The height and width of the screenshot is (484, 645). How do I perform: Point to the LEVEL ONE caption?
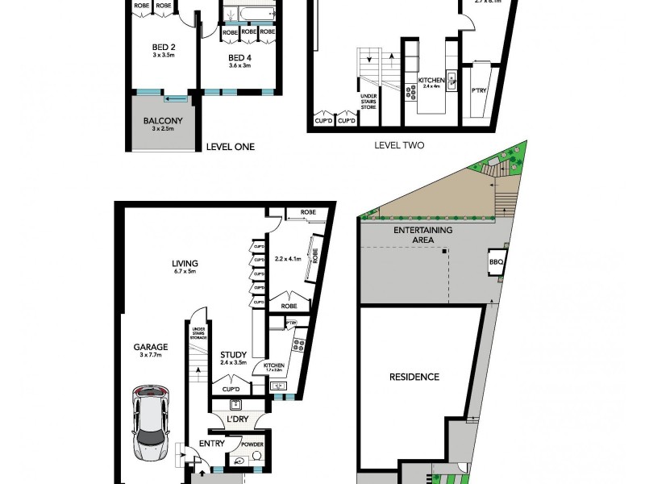(230, 147)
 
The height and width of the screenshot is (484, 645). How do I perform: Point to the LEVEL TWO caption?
(399, 146)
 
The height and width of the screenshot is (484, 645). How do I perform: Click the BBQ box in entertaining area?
(497, 263)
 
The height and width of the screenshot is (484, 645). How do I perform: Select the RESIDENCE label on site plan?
(414, 377)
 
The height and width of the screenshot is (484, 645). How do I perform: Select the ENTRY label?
(212, 443)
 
